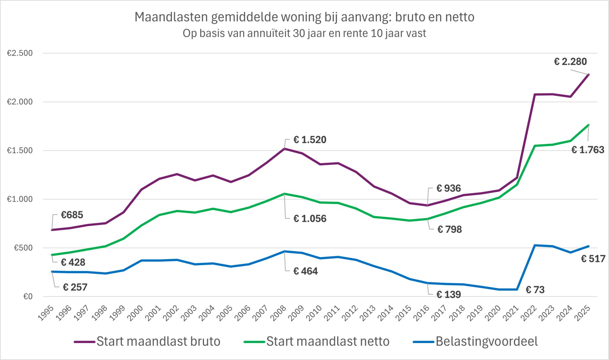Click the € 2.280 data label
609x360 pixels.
tap(570, 62)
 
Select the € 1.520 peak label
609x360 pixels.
tap(310, 140)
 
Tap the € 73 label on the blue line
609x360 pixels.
tap(535, 290)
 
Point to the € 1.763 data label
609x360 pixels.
tap(588, 150)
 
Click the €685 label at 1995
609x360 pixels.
tap(72, 215)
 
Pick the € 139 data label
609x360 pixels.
tap(448, 295)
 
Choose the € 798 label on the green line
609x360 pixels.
tap(450, 229)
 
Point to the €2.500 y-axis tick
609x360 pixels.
tap(20, 54)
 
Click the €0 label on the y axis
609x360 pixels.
tap(28, 297)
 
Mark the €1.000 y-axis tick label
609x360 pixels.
tap(20, 199)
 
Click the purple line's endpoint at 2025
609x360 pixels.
tap(588, 74)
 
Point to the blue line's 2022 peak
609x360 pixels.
tap(535, 245)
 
